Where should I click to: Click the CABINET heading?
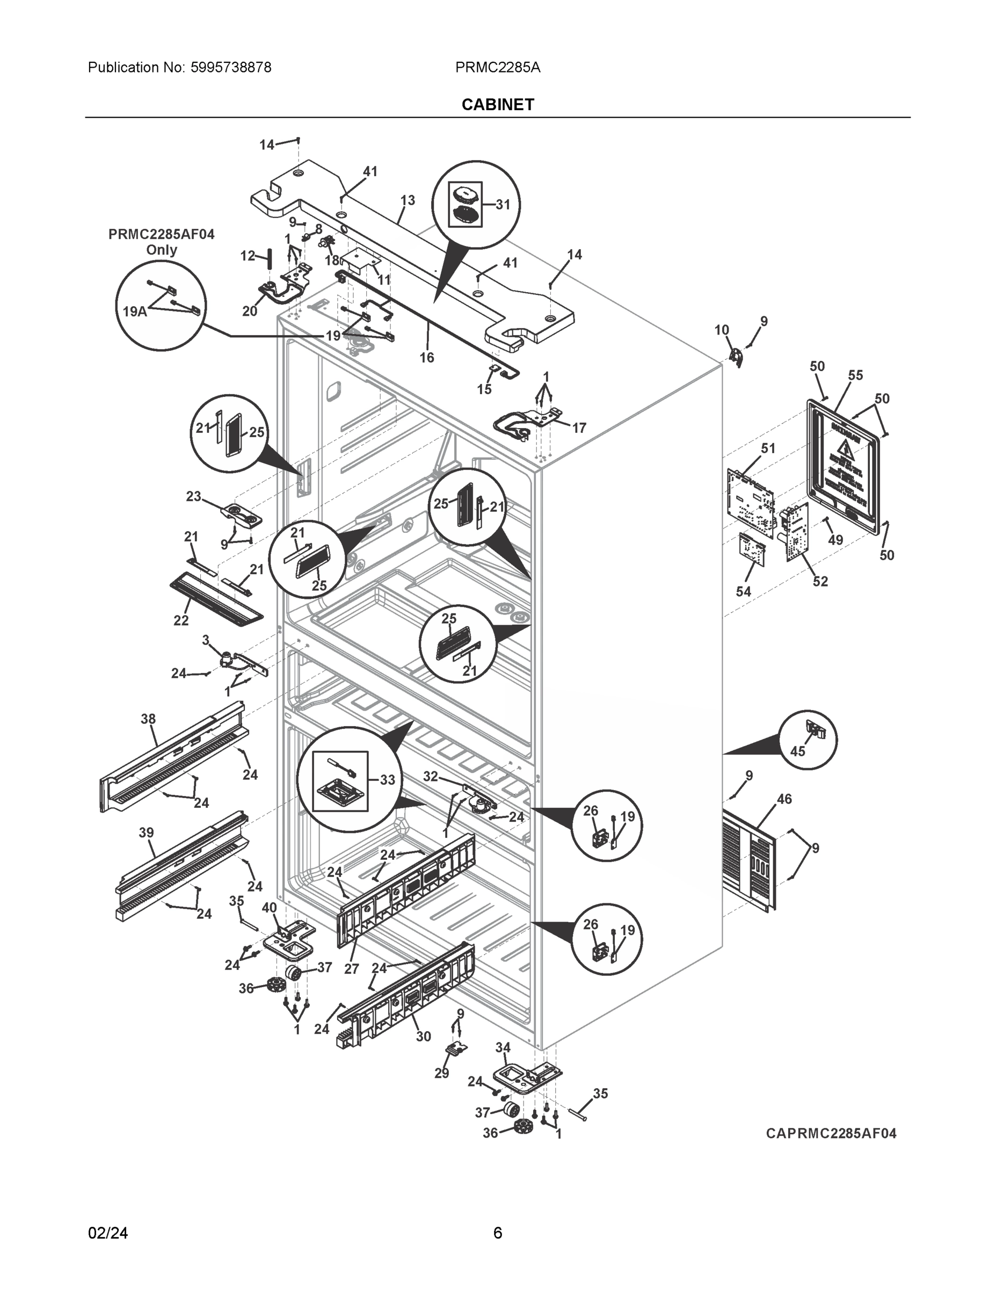pyautogui.click(x=497, y=105)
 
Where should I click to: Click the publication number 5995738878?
pyautogui.click(x=231, y=67)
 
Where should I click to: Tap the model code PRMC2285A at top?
pyautogui.click(x=497, y=67)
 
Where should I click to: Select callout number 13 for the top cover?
pyautogui.click(x=407, y=201)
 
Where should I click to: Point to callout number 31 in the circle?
pyautogui.click(x=503, y=205)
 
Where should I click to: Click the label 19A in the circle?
pyautogui.click(x=135, y=311)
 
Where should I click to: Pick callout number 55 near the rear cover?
pyautogui.click(x=855, y=375)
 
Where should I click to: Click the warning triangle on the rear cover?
pyautogui.click(x=847, y=450)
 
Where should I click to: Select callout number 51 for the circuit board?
pyautogui.click(x=768, y=448)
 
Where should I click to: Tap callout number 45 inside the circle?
pyautogui.click(x=798, y=751)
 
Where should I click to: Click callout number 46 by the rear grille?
pyautogui.click(x=784, y=799)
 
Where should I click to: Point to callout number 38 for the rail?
pyautogui.click(x=148, y=719)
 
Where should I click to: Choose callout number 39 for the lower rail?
pyautogui.click(x=147, y=833)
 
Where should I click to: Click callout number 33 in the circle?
pyautogui.click(x=387, y=780)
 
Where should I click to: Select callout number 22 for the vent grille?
pyautogui.click(x=181, y=620)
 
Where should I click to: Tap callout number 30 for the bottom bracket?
pyautogui.click(x=423, y=1037)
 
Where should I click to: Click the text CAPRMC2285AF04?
pyautogui.click(x=831, y=1134)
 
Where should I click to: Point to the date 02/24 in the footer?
pyautogui.click(x=107, y=1233)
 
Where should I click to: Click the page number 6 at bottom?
pyautogui.click(x=497, y=1233)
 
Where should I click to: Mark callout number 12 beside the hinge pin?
pyautogui.click(x=247, y=256)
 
